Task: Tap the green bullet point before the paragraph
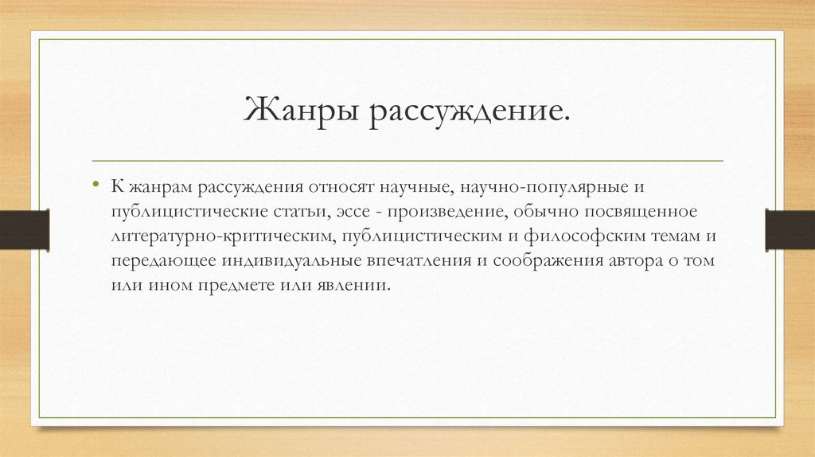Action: (x=96, y=186)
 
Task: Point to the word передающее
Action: (x=157, y=260)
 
